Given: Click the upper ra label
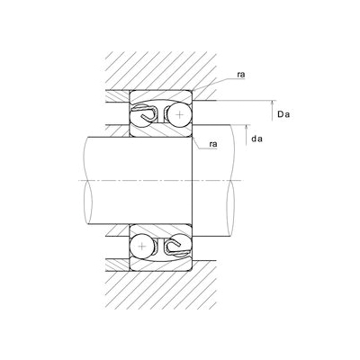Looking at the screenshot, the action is (241, 75).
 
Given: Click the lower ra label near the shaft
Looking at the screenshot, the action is (213, 144).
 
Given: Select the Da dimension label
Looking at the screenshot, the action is (283, 114).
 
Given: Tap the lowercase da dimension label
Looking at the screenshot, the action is (256, 139).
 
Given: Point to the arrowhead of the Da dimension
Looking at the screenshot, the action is (273, 103).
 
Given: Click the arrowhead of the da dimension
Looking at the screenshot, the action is (246, 128).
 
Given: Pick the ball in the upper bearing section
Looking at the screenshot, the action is (179, 114).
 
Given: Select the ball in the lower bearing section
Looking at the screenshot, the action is (142, 247).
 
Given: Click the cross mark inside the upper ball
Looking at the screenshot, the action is (179, 114).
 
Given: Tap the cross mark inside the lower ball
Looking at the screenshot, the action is (142, 247).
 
